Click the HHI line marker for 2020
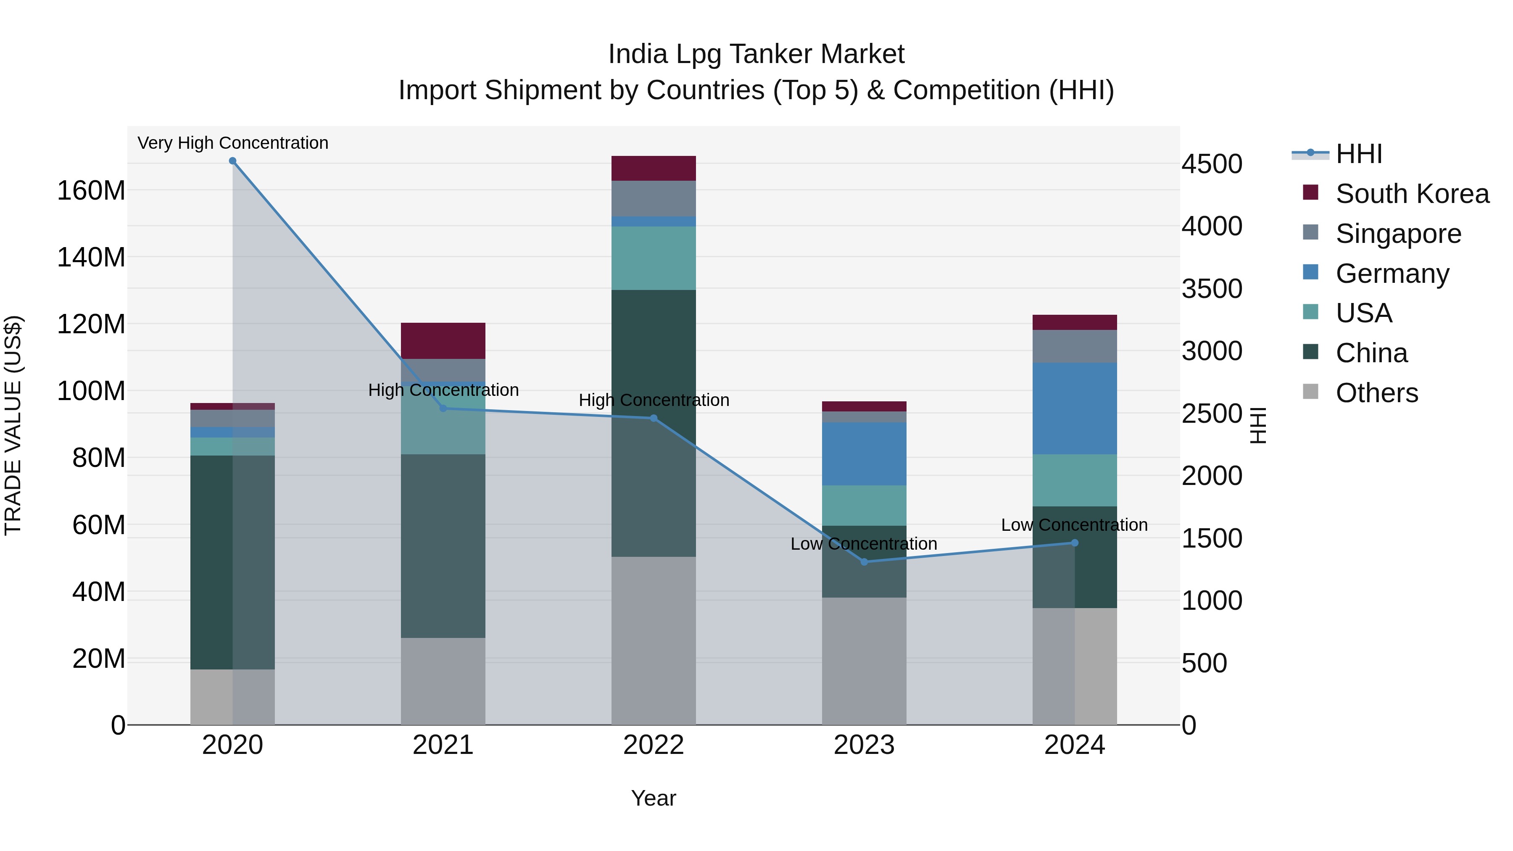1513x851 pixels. (232, 161)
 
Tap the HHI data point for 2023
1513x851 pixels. (864, 562)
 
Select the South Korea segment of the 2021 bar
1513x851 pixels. (443, 341)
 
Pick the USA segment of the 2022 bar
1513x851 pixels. (653, 258)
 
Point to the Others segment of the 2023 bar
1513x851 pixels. (864, 661)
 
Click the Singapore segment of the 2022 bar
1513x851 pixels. (653, 198)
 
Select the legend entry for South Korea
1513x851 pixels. (1412, 194)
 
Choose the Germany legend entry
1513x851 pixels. (1392, 274)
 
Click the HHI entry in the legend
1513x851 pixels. (1358, 154)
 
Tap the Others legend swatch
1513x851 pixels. (1310, 392)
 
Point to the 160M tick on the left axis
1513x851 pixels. (91, 190)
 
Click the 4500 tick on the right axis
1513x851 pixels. (1212, 164)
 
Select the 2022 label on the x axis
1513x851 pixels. (653, 745)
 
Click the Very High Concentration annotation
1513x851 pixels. (232, 143)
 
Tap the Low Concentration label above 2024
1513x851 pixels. (1074, 524)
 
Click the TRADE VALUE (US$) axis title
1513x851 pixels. (13, 425)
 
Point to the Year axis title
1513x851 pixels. (653, 798)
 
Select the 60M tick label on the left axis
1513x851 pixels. (99, 524)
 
